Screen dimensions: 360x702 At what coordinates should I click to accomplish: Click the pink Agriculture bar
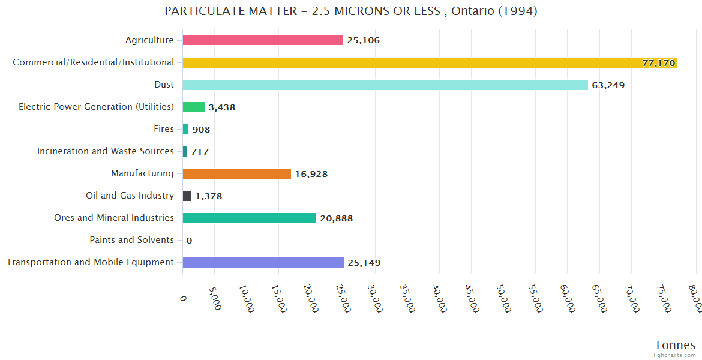263,40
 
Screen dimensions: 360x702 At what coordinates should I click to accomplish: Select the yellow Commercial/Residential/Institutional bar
430,62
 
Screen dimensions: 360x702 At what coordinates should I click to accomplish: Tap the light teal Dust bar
385,85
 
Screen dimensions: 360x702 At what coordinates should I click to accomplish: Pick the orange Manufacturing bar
237,173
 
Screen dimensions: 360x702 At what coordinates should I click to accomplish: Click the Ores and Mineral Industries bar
249,218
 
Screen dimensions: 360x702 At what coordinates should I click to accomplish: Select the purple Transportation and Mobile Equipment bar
263,262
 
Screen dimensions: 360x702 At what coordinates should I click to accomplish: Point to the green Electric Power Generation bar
194,107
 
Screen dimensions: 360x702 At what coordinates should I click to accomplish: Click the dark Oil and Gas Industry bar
187,196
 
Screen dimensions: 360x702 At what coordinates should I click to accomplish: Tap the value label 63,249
608,85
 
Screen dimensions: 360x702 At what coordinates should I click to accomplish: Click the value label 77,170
658,63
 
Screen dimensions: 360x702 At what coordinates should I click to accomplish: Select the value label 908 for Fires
201,130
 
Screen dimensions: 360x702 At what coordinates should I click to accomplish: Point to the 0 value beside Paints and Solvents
189,241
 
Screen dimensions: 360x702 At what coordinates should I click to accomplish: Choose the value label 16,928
311,174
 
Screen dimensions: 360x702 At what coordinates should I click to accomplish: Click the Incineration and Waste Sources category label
106,151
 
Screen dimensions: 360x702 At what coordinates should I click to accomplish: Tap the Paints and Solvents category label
131,240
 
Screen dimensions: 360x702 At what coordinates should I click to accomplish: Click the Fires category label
163,129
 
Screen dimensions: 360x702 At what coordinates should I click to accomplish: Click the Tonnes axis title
674,345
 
